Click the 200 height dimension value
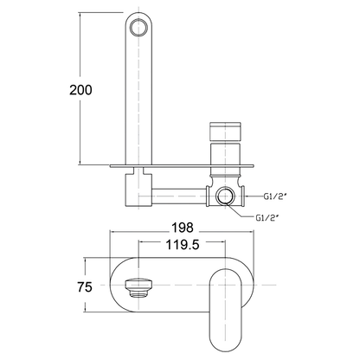point(78,90)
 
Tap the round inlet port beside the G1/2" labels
point(227,196)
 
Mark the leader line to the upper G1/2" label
point(250,196)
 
